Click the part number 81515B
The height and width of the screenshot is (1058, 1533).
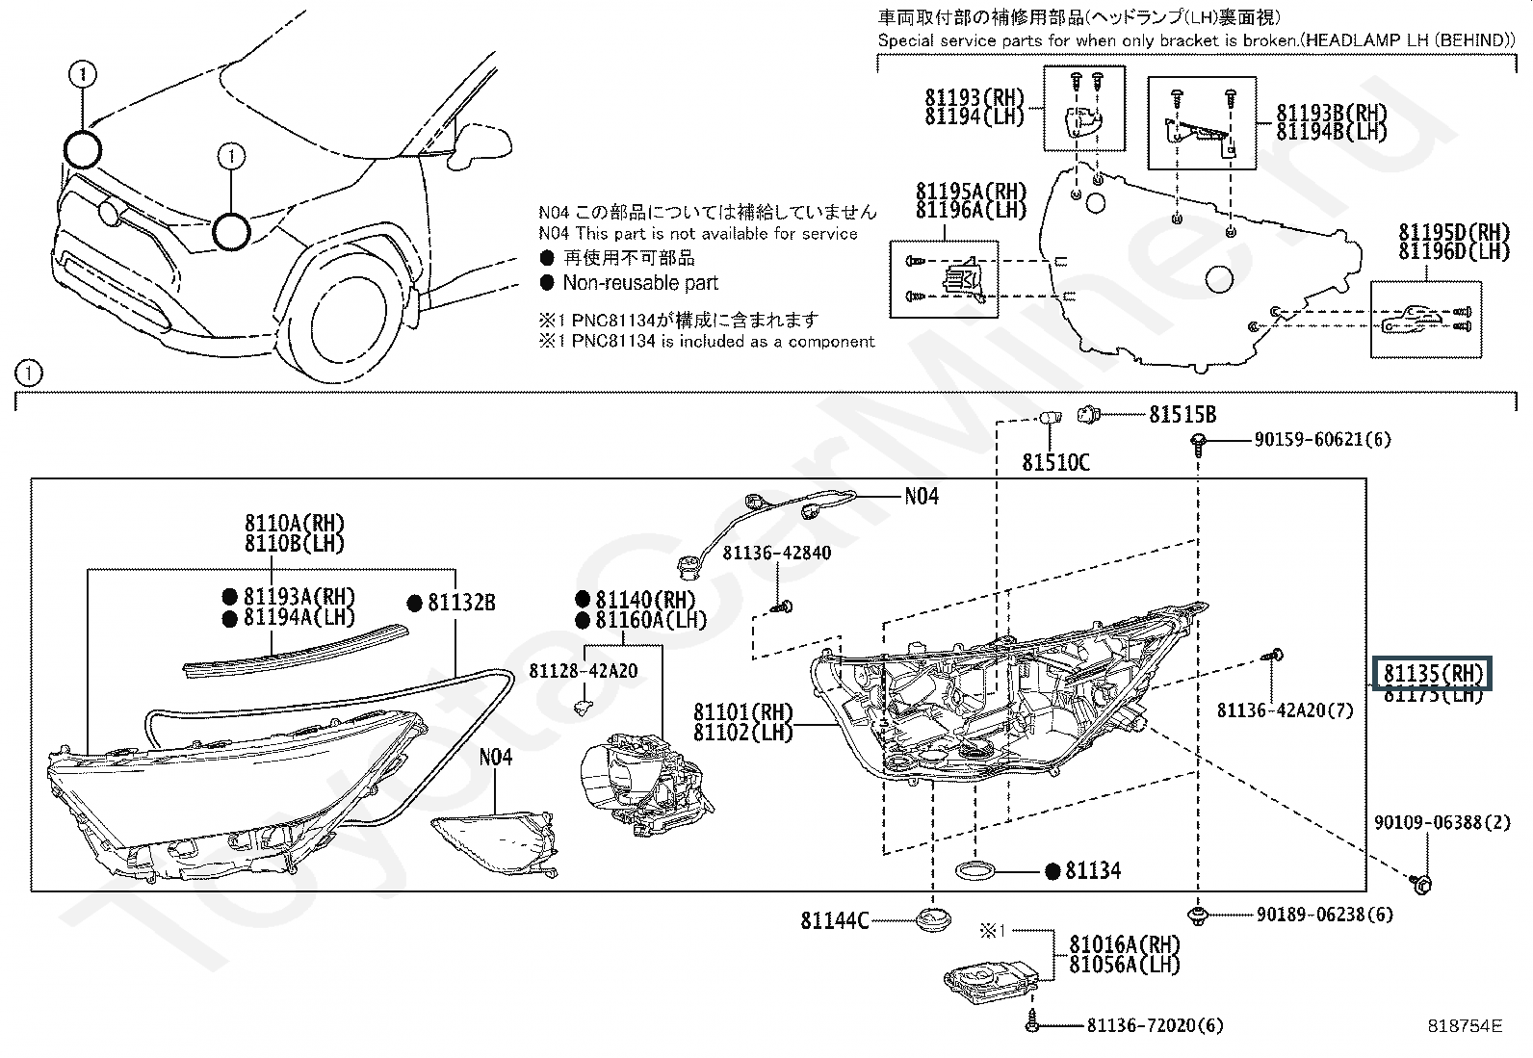click(x=1182, y=415)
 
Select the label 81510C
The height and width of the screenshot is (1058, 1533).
click(x=1055, y=463)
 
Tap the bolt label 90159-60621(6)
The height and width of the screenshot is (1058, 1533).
click(x=1322, y=440)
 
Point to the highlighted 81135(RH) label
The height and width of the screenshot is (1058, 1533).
click(x=1433, y=673)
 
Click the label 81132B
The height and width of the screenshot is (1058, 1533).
click(x=461, y=603)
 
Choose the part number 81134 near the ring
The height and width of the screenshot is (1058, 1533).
click(x=1093, y=871)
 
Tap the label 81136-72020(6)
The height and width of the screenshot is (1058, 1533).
click(x=1155, y=1026)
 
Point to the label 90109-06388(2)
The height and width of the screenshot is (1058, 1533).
click(x=1428, y=823)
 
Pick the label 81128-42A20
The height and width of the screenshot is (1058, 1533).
click(x=583, y=671)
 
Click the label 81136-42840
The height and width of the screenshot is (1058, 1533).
click(x=776, y=554)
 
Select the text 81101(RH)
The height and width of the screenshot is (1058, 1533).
click(x=742, y=713)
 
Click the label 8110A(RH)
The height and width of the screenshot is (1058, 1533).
click(x=294, y=524)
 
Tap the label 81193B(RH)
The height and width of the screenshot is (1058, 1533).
click(x=1332, y=113)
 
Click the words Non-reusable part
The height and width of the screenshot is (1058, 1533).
click(x=640, y=283)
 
